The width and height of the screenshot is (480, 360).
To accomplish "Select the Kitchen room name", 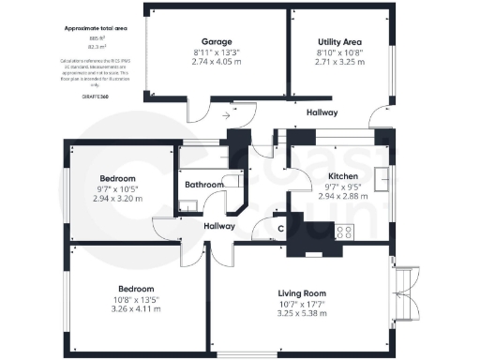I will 341,176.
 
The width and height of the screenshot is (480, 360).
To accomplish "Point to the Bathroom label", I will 203,185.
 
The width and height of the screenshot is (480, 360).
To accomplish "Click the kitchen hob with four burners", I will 344,232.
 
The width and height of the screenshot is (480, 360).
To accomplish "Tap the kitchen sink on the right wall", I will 382,177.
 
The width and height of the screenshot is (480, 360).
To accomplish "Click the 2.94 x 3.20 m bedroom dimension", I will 118,199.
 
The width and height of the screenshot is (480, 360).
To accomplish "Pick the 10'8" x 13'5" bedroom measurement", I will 137,300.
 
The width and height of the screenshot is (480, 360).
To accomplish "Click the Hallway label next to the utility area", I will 322,113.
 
